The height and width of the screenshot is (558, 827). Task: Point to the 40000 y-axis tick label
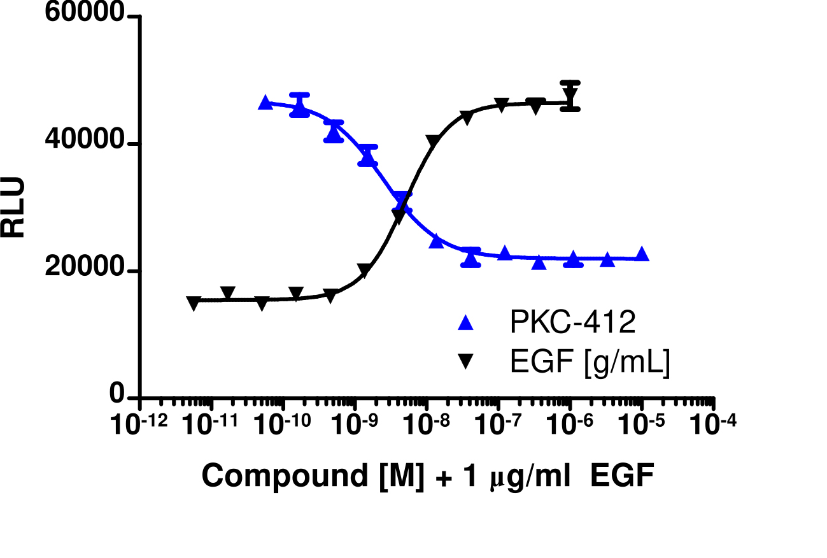(83, 143)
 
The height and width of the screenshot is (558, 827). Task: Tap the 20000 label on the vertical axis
(83, 270)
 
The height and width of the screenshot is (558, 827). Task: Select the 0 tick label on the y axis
(117, 396)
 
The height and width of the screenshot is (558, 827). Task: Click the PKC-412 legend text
(572, 324)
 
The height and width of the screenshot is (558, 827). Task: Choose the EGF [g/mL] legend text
(590, 363)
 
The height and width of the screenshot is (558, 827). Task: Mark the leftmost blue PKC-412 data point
(265, 103)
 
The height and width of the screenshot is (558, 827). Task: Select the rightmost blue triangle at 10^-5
(642, 254)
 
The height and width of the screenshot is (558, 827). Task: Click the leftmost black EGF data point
(194, 303)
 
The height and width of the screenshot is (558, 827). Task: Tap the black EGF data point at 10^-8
(433, 141)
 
